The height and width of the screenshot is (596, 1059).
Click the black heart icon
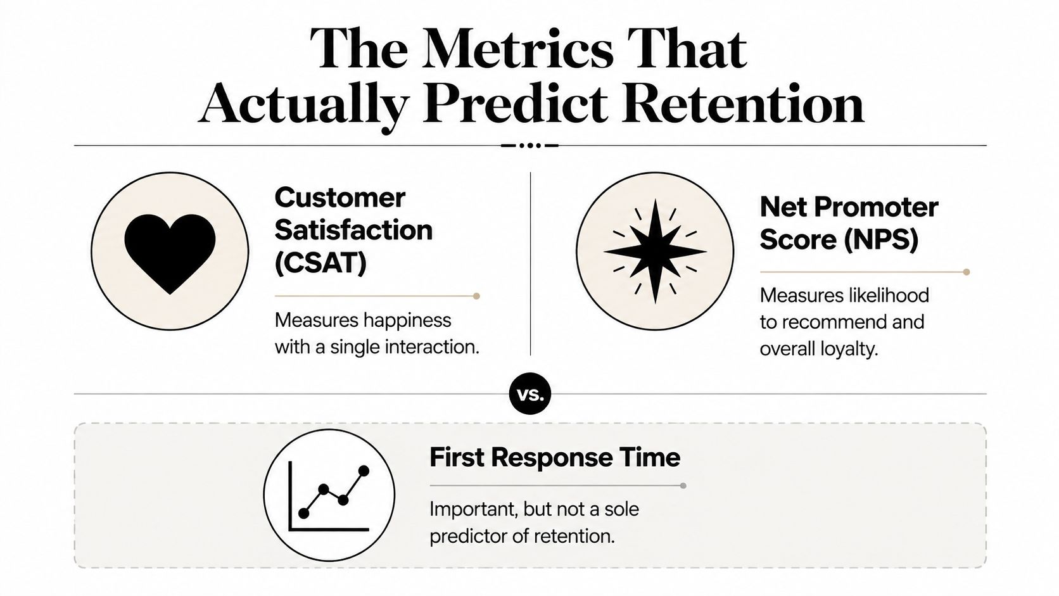[x=170, y=253]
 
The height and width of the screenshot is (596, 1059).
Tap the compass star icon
[x=655, y=251]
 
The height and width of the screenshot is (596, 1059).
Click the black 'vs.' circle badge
[x=530, y=394]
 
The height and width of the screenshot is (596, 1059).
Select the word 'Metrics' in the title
[x=518, y=49]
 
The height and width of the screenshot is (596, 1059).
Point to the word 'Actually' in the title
[x=303, y=106]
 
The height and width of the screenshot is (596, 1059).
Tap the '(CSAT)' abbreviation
[x=320, y=263]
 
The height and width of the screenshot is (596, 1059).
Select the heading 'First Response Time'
[x=555, y=457]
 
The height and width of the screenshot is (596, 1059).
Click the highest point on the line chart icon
[x=364, y=471]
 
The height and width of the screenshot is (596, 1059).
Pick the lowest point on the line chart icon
[x=304, y=513]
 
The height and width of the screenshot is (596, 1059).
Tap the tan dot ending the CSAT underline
[x=476, y=296]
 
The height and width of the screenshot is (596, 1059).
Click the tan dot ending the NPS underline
[x=967, y=272]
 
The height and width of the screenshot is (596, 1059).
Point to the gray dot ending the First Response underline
[x=683, y=485]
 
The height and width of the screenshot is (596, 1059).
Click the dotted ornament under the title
[x=530, y=146]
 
